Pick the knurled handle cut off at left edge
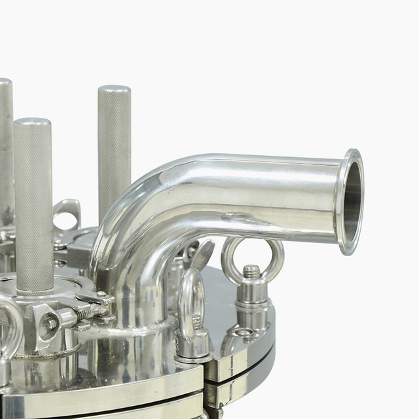[x=5, y=151]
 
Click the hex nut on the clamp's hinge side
[x=50, y=322]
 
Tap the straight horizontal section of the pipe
[x=275, y=196]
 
